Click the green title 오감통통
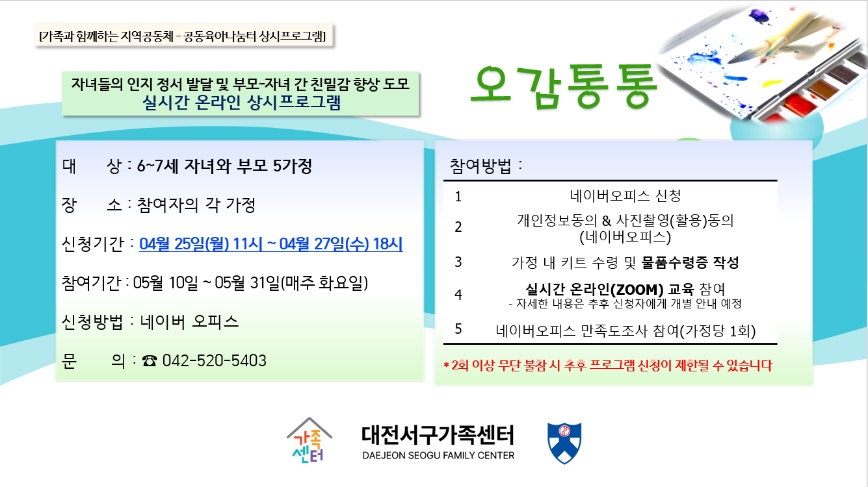564,87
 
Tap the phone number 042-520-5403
215,361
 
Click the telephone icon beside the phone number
149,361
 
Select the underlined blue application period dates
271,244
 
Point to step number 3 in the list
458,262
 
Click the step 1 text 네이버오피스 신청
625,196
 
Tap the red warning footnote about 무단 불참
608,366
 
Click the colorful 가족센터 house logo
309,440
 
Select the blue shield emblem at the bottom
564,443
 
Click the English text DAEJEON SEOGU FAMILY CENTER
438,455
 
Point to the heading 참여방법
480,166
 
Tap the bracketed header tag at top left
183,36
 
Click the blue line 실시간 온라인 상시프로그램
241,102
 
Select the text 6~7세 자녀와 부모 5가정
224,166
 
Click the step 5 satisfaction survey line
625,331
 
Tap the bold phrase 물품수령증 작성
690,262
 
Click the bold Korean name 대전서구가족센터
438,434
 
